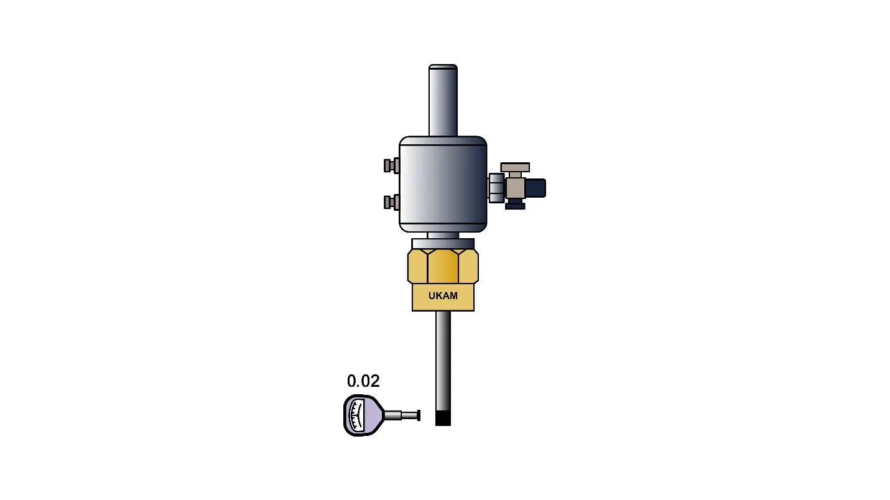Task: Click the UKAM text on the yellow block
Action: [x=443, y=296]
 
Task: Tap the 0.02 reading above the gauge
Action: [x=363, y=381]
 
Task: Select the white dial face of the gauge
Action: [x=356, y=415]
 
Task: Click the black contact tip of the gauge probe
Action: [x=419, y=415]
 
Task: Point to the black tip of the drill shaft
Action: [x=443, y=419]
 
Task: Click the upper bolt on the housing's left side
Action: [x=391, y=165]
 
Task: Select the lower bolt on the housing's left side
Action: [x=391, y=202]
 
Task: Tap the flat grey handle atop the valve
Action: [x=515, y=167]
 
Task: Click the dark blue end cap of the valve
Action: [x=535, y=188]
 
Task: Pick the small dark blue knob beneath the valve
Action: [x=516, y=206]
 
